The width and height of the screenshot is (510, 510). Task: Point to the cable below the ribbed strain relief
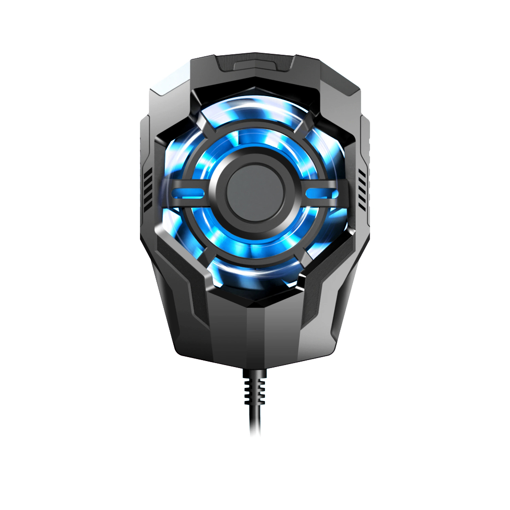(255, 421)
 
